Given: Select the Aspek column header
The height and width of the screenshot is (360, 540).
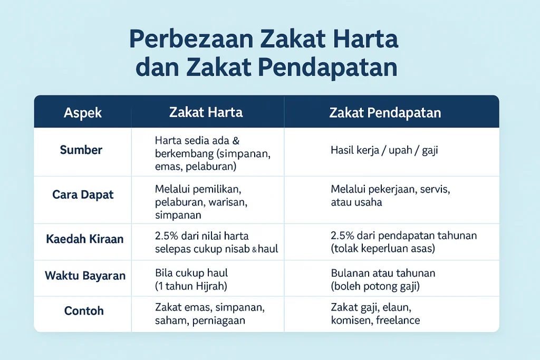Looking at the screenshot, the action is [x=83, y=113].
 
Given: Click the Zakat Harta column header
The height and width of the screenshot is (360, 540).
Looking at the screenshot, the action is [x=206, y=112].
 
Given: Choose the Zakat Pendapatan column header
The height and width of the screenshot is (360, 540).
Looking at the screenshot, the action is [x=385, y=113].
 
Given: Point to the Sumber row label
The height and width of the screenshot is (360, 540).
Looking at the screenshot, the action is [x=81, y=150].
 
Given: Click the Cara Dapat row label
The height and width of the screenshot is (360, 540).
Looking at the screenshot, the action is [x=83, y=194].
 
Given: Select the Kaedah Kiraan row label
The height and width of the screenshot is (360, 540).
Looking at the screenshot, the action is [x=85, y=239].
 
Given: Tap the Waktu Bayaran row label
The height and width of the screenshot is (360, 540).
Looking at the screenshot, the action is [x=85, y=276].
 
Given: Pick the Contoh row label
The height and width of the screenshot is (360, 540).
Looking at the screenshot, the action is [x=84, y=311].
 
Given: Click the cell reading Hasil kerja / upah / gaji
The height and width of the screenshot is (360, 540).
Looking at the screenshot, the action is [x=384, y=150].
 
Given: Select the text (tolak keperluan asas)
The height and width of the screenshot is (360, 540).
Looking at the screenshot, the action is [x=383, y=248].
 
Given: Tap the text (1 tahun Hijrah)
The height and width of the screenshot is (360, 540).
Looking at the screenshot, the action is [x=191, y=286].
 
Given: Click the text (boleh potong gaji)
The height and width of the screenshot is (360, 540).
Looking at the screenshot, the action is [x=375, y=286].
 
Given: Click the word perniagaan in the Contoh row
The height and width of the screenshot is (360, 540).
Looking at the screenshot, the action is [x=219, y=321].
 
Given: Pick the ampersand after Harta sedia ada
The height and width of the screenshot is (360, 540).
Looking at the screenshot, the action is [x=236, y=141].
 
